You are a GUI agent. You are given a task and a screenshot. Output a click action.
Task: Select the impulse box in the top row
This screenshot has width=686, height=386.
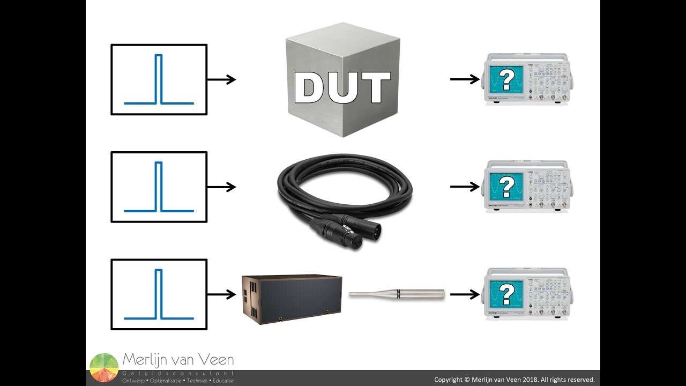click(x=159, y=79)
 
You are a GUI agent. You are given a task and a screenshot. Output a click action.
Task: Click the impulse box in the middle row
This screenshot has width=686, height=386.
click(x=159, y=187)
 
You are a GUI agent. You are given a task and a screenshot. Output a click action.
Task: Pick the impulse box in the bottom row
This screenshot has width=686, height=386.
click(x=159, y=294)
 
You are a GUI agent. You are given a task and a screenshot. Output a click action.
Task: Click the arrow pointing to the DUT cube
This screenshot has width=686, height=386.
click(x=221, y=79)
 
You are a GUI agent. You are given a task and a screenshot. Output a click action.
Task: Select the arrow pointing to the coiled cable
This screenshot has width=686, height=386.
click(x=221, y=187)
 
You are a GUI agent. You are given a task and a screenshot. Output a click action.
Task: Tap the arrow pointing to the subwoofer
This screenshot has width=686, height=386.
click(x=221, y=294)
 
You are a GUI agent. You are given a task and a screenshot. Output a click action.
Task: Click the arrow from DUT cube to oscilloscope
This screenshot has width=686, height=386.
click(x=465, y=79)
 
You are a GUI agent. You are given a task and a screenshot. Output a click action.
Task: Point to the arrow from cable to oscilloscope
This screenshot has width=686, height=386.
click(x=465, y=187)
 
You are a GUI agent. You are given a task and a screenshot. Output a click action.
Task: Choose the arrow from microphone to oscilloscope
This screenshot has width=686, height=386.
click(x=465, y=294)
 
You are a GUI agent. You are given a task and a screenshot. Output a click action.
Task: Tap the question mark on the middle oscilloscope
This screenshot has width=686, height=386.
click(x=506, y=187)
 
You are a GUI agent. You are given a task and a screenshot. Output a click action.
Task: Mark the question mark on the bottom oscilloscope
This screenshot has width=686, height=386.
click(x=506, y=294)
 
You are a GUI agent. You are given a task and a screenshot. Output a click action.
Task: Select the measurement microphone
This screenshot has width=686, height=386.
click(x=397, y=294)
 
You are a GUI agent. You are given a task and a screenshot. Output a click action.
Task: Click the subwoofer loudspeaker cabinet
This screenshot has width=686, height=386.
click(x=292, y=299)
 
